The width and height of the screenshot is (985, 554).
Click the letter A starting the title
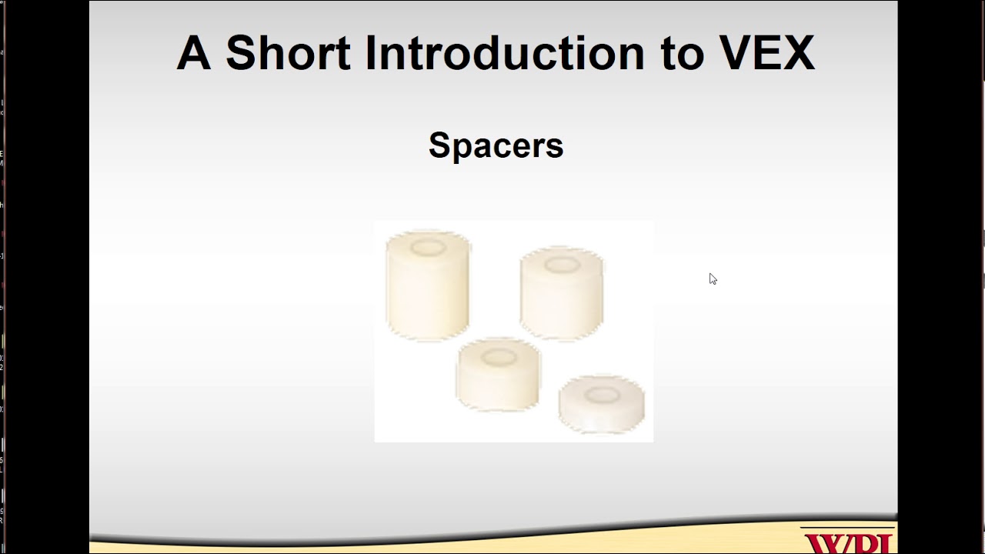click(x=193, y=53)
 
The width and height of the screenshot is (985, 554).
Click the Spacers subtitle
click(x=496, y=145)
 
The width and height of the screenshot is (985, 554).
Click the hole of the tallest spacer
click(x=428, y=247)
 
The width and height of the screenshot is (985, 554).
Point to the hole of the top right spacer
click(x=562, y=265)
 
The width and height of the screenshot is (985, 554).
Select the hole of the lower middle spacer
click(x=499, y=357)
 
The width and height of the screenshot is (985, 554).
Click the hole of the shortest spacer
click(x=602, y=395)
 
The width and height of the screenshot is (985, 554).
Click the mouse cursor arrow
click(x=712, y=278)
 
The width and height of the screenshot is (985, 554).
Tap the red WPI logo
click(x=847, y=542)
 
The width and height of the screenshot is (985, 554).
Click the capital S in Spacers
click(x=439, y=145)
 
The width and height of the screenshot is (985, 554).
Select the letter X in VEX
click(x=798, y=53)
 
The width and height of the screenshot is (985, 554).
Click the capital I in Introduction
click(x=370, y=53)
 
